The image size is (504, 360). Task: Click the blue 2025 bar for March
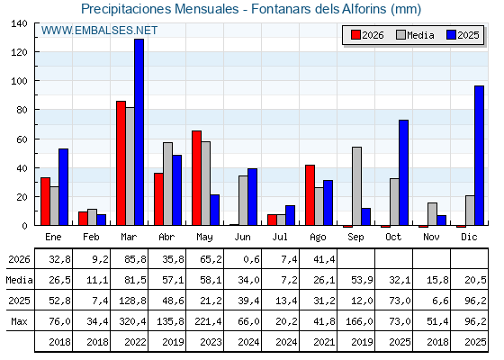[x=139, y=132]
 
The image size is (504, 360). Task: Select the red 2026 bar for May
[x=196, y=178]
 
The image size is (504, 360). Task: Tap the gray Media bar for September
[x=356, y=186]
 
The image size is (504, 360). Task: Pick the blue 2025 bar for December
[x=479, y=156]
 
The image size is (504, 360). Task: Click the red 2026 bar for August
[x=310, y=195]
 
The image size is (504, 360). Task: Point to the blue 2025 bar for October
[x=404, y=173]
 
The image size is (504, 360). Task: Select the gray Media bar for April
[x=167, y=184]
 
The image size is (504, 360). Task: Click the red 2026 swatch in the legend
[x=355, y=35]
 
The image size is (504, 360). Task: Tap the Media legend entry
[x=415, y=35]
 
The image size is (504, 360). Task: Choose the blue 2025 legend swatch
[x=451, y=35]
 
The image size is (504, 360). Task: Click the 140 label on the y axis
[x=19, y=23]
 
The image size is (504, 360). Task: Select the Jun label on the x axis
[x=242, y=238]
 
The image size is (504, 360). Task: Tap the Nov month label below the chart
[x=431, y=237]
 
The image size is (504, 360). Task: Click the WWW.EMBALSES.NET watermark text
[x=99, y=31]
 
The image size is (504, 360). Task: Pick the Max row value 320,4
[x=132, y=321]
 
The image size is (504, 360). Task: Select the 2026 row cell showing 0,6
[x=251, y=259]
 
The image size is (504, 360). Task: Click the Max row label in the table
[x=19, y=321]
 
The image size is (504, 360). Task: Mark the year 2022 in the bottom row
[x=135, y=342]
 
